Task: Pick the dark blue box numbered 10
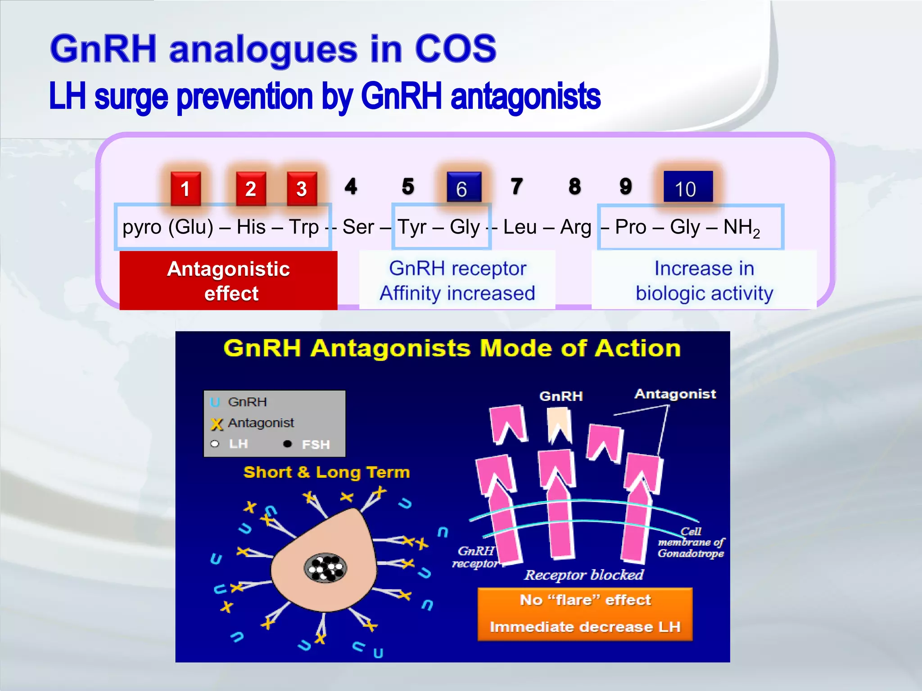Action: pos(688,187)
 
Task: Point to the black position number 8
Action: pos(575,186)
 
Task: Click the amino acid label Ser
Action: pos(358,227)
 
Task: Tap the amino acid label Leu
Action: pos(520,227)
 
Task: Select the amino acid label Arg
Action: pos(575,227)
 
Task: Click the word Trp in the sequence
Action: pos(304,227)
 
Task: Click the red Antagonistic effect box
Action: pos(229,281)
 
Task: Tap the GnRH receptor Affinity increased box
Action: pos(457,280)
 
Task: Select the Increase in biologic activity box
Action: pos(704,280)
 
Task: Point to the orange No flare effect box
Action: pos(585,614)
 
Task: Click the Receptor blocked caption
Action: pos(583,575)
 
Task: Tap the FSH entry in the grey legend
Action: pos(315,444)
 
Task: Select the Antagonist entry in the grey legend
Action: pos(260,423)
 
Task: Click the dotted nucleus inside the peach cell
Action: pos(325,568)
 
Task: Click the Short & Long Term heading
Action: pos(326,472)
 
